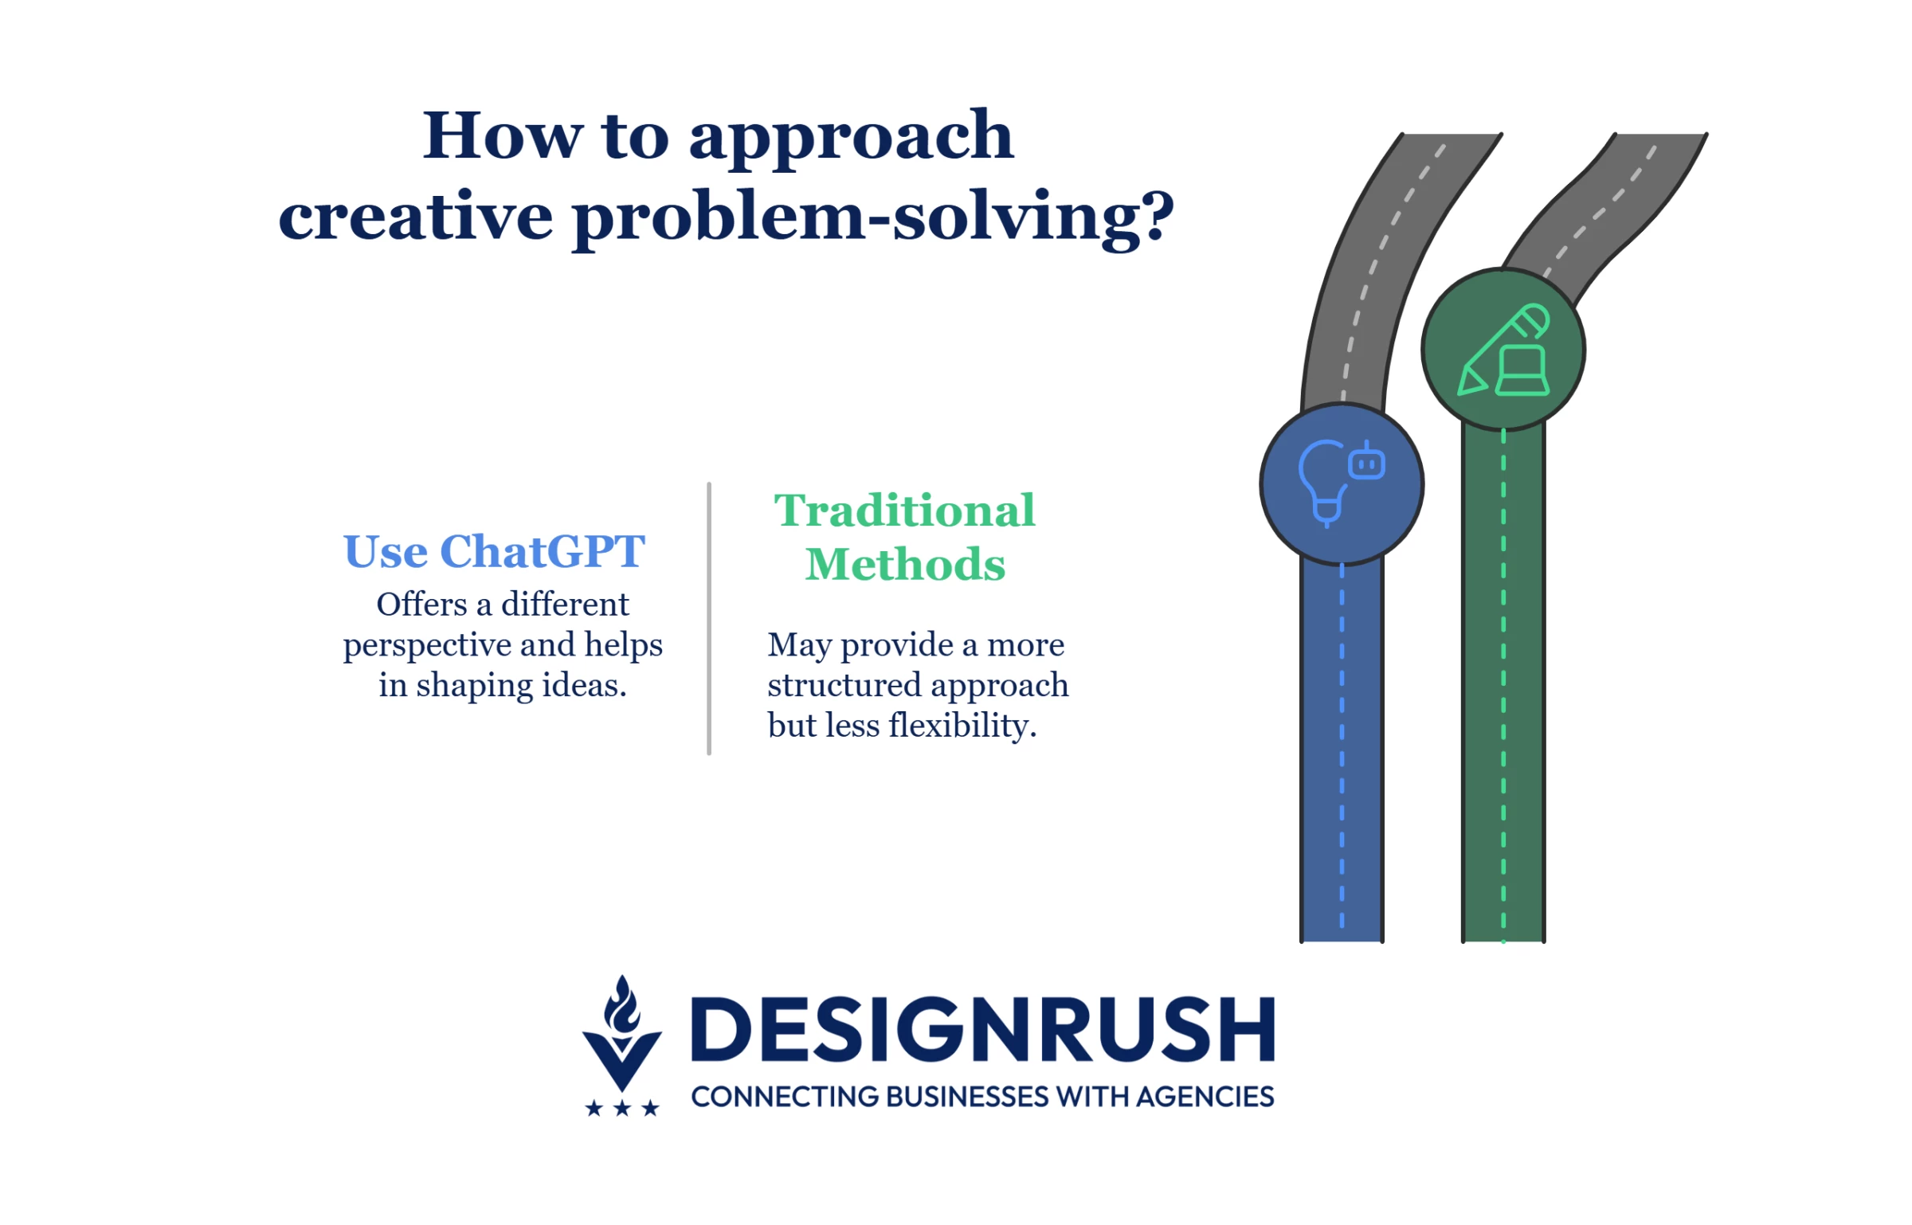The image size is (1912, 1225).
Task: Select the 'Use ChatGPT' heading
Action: coord(494,551)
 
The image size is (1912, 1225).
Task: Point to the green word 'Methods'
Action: coord(905,564)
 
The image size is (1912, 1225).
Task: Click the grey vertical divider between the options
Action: coord(708,618)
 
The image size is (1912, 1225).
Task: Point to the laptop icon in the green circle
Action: coord(1522,370)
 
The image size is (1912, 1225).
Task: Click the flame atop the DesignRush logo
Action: coord(622,1004)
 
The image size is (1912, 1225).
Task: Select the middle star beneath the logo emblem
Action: coord(622,1108)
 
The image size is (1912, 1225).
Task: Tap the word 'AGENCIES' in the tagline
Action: coord(1205,1097)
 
